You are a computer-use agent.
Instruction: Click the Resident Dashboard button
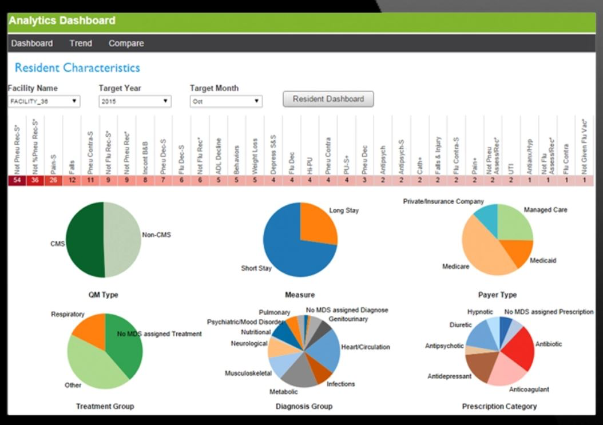coord(328,99)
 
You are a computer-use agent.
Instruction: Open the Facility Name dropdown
coord(43,101)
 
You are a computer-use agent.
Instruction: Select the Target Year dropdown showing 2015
coord(135,101)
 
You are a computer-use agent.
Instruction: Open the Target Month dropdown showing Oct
coord(226,101)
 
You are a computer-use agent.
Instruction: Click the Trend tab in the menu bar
coord(81,43)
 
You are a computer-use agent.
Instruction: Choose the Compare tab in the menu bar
coord(126,43)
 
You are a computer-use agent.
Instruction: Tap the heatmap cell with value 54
coord(16,180)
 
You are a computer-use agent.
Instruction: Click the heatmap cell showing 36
coord(34,180)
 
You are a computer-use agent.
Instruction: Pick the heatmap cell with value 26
coord(53,180)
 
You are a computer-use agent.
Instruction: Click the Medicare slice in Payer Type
coord(481,252)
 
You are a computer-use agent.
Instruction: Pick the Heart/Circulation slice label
coord(365,347)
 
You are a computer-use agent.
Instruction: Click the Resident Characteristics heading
coord(77,68)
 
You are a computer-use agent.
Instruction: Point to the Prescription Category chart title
coord(499,407)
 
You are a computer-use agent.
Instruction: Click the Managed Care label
coord(545,210)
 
